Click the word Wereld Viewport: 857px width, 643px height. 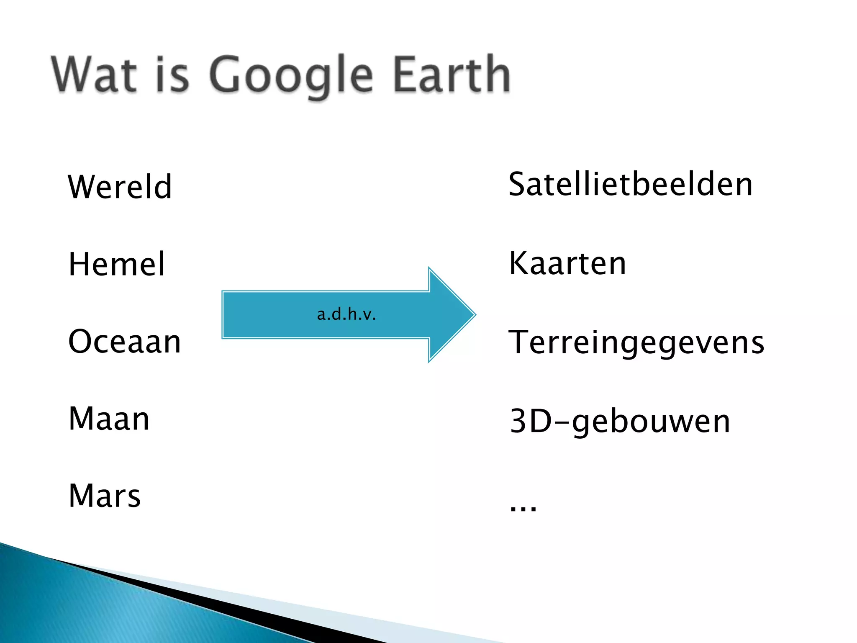point(120,187)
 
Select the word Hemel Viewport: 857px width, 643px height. point(117,264)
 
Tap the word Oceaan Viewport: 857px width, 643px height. point(124,342)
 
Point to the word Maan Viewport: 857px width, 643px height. point(109,419)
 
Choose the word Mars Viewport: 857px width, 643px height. point(105,496)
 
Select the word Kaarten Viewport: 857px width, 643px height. point(567,263)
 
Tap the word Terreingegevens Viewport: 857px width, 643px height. point(636,342)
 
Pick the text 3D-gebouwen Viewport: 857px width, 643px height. point(620,421)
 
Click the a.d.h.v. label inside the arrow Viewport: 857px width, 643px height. point(346,314)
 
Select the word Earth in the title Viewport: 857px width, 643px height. point(452,75)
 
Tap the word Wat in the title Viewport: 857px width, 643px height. point(95,75)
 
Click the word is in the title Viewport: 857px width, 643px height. point(172,75)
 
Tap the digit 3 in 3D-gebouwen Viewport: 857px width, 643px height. point(518,421)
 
